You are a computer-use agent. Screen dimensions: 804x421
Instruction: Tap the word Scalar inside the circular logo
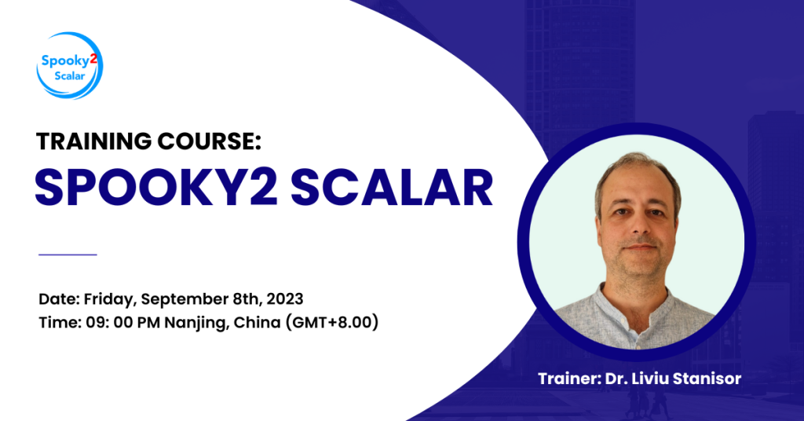point(70,76)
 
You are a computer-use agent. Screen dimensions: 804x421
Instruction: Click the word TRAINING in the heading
point(94,141)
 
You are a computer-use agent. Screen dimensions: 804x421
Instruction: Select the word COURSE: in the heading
point(209,141)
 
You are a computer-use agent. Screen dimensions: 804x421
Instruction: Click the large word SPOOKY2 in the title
point(156,188)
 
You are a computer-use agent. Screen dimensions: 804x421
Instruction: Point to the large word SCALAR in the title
point(391,188)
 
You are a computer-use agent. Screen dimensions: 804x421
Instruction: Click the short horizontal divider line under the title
point(68,254)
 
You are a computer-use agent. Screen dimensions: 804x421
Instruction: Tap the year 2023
point(285,299)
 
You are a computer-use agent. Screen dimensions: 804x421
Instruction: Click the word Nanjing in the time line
point(196,323)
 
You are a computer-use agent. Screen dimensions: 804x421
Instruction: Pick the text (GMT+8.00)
point(332,323)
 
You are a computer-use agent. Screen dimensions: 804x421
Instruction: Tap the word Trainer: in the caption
point(569,379)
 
